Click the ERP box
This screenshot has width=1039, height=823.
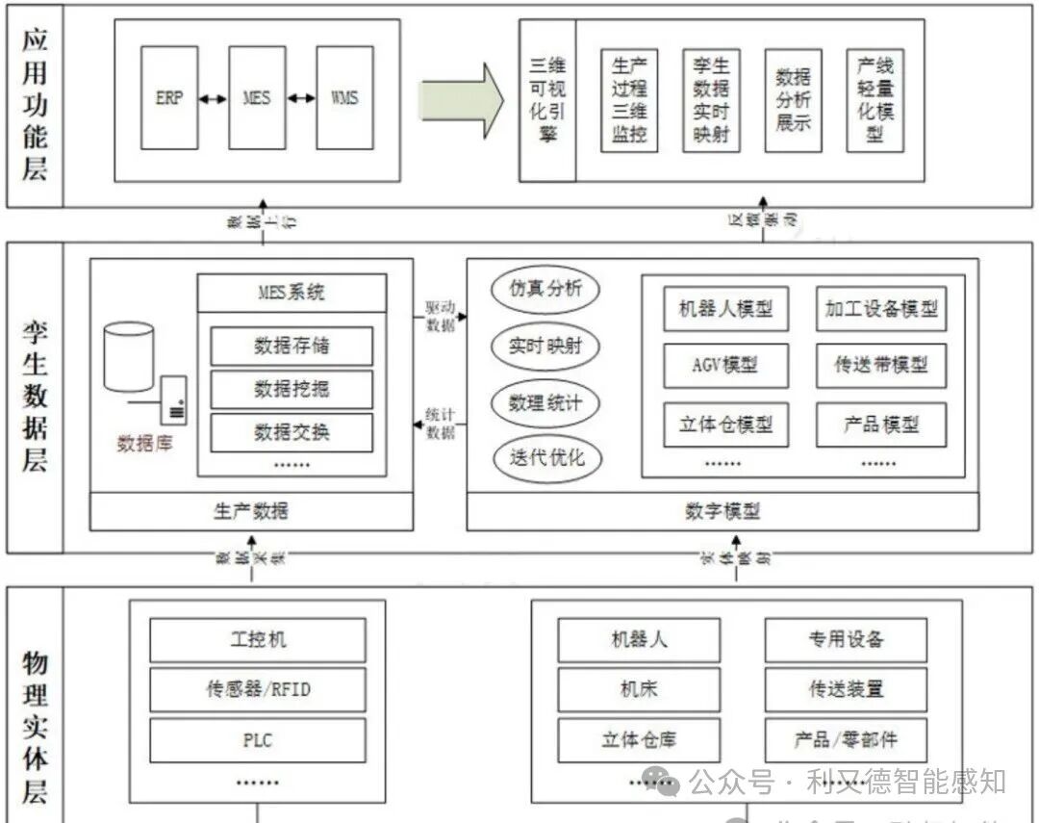tap(168, 97)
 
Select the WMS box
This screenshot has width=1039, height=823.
tap(344, 97)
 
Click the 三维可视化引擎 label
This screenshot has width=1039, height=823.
tap(547, 99)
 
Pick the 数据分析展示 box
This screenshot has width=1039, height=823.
tap(794, 100)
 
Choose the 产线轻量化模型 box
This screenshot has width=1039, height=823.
tap(875, 100)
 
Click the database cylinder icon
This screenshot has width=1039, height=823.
tap(129, 357)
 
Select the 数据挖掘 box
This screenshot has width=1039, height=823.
tap(291, 388)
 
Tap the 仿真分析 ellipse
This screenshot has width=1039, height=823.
tap(545, 288)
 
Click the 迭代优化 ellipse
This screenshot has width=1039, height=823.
tap(545, 456)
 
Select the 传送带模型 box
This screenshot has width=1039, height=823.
tap(881, 366)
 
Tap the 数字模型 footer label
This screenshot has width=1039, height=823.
tap(722, 510)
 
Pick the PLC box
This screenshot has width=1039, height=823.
tap(258, 740)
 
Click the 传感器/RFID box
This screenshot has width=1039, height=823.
tap(258, 689)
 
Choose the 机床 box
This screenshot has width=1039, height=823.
tap(639, 689)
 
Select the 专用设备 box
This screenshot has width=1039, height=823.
tap(846, 639)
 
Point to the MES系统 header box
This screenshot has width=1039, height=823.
tap(291, 293)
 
